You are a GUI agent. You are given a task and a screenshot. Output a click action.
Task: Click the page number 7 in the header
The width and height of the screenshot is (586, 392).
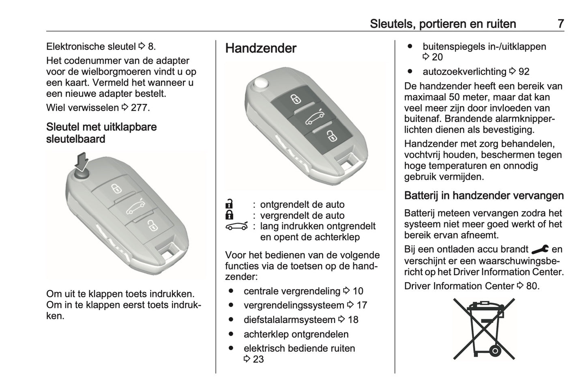[560, 24]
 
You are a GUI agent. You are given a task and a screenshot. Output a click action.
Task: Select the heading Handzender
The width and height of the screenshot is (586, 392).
[261, 48]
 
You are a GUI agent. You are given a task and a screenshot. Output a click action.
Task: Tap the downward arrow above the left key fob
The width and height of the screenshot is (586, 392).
[83, 161]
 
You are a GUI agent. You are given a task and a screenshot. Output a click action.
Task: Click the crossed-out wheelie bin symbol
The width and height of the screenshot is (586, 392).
[484, 329]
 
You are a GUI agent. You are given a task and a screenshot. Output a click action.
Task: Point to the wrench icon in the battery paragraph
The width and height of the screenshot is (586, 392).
[539, 249]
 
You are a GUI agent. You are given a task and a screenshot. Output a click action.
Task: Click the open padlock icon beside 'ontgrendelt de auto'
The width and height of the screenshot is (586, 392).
[229, 204]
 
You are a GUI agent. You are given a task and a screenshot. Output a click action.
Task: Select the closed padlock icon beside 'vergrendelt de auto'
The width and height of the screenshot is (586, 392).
[229, 215]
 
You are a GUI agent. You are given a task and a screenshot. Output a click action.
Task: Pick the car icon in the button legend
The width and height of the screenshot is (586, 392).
[237, 226]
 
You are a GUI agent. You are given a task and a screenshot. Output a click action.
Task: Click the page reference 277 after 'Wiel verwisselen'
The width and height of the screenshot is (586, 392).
[139, 108]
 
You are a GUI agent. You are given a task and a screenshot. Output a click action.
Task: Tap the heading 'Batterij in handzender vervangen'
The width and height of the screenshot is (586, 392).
[484, 196]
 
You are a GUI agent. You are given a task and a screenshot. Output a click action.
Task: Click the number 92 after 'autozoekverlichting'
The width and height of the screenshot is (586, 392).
[524, 72]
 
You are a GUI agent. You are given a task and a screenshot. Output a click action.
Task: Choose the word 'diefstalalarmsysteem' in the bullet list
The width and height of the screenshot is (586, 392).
[289, 320]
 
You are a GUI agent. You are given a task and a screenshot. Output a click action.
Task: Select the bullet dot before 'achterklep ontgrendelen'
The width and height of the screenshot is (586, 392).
[231, 334]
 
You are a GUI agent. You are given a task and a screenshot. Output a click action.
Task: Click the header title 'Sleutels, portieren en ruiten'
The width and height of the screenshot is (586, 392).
[442, 24]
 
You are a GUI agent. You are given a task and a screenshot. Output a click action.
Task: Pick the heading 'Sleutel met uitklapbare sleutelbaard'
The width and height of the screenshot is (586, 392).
[101, 133]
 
